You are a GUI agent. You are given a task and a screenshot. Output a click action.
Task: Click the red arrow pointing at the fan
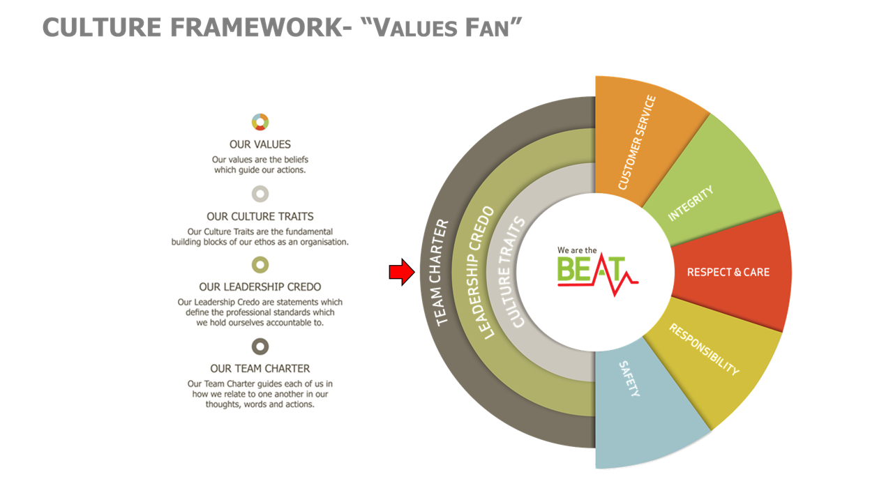402,272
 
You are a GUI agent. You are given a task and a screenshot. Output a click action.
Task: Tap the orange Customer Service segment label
637,142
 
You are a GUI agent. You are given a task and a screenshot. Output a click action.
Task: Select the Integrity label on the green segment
691,203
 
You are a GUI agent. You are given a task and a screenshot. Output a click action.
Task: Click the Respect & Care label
728,272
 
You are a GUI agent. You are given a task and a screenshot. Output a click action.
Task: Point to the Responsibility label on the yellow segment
704,349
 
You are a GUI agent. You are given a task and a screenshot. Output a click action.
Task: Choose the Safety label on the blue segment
629,379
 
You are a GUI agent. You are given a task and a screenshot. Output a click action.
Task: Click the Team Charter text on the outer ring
442,273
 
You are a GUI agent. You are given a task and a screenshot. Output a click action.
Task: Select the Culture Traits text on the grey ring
512,273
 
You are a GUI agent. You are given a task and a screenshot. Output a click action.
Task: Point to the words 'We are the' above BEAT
577,250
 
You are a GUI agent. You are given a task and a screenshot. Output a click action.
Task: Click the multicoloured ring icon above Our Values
260,122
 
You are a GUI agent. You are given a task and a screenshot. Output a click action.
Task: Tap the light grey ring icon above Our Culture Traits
260,194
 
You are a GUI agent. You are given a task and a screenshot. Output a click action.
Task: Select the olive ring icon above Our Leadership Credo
260,264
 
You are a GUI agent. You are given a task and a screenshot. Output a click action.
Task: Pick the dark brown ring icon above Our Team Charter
260,347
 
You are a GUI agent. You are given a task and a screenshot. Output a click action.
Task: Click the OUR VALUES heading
260,144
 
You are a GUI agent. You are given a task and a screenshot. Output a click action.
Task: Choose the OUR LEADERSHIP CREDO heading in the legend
260,287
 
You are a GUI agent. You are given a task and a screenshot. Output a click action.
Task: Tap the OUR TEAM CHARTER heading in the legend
260,369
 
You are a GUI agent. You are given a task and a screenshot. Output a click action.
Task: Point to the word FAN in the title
487,29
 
